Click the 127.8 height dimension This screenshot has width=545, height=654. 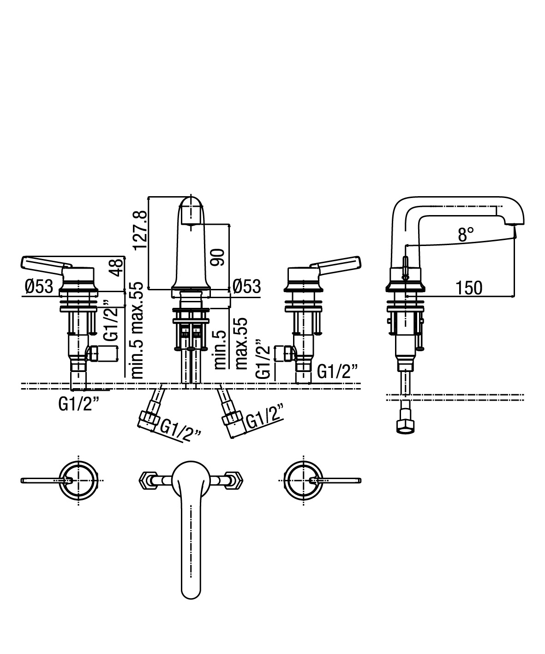140,230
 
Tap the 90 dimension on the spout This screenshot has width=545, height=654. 218,257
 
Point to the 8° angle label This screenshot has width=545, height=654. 466,234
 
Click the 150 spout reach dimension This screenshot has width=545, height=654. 468,288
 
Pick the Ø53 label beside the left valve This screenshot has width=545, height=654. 39,286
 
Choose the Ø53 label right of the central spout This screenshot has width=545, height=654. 247,286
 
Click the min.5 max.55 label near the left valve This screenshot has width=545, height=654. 137,330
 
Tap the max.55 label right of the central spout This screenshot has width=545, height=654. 241,343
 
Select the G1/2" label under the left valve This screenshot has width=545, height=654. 78,404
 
